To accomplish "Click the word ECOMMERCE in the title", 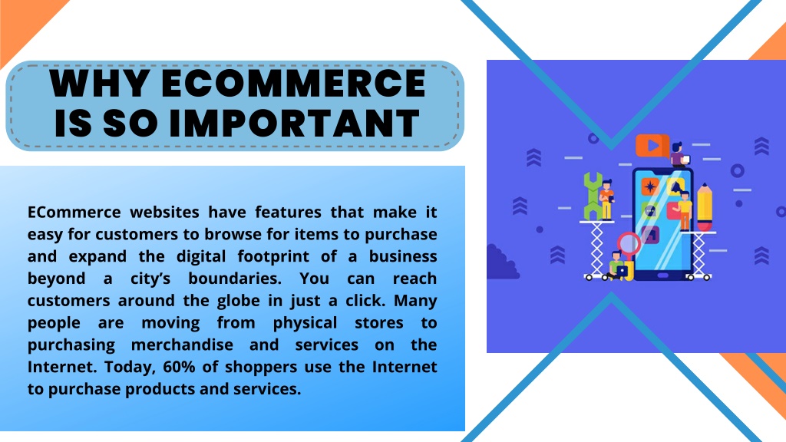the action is pos(293,83).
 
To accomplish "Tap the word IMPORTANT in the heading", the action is pos(294,123).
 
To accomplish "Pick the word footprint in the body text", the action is pos(273,256).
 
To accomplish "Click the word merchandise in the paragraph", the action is pos(182,345).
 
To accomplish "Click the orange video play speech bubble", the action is pos(652,146).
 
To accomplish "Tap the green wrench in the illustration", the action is pos(593,196).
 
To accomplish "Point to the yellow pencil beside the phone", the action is pos(705,207).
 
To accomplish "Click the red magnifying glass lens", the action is pos(628,243).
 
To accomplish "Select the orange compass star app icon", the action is pos(650,187).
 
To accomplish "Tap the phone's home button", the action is pos(662,275).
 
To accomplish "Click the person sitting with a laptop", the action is pos(616,266).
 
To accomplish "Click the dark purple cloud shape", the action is pos(502,262).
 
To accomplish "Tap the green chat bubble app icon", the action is pos(649,210).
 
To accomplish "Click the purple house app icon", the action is pos(650,234).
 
